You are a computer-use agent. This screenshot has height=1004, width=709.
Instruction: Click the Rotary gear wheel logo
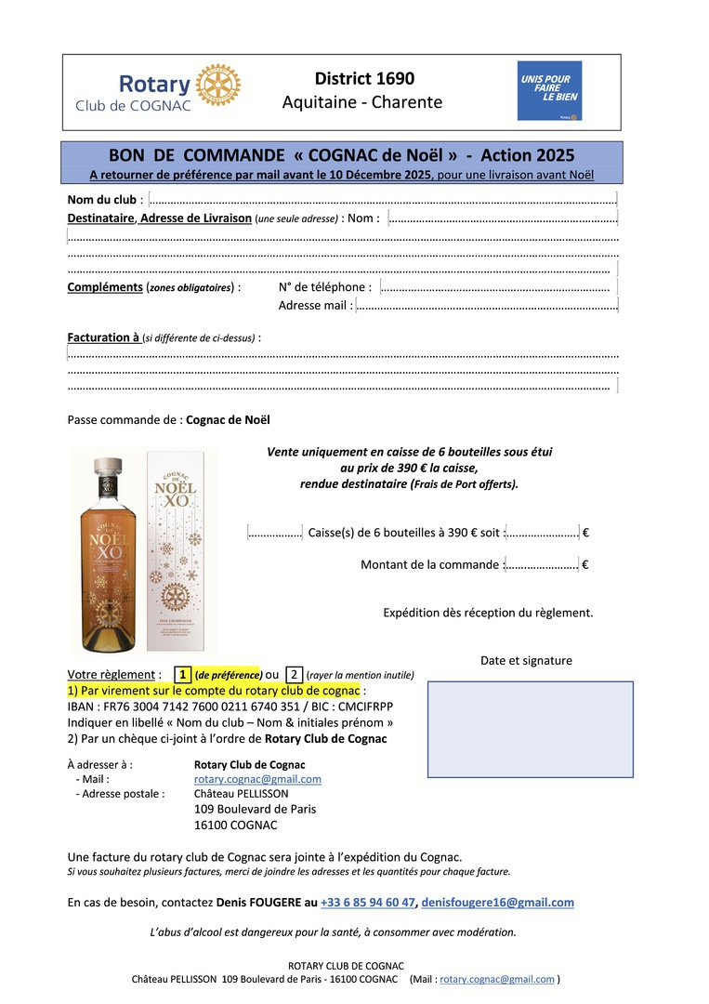click(218, 86)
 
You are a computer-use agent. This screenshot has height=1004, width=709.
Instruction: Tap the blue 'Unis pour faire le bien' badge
click(549, 90)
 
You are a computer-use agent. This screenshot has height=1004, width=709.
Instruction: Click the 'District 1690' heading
click(364, 79)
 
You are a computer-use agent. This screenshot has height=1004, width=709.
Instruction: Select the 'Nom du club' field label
click(102, 200)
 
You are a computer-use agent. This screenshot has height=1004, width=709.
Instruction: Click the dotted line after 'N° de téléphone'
click(495, 288)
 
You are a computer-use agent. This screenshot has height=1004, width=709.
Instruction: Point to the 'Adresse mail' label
click(315, 305)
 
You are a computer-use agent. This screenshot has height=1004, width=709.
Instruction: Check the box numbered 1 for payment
click(183, 675)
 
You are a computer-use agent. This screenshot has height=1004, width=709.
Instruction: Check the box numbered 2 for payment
click(293, 675)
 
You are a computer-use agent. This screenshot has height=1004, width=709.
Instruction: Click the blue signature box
click(530, 728)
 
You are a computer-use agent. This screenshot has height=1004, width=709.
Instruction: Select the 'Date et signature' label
click(526, 661)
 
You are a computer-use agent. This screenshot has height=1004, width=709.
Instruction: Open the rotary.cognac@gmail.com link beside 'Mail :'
click(257, 779)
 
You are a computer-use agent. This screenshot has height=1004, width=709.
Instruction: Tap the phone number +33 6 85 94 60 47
click(368, 902)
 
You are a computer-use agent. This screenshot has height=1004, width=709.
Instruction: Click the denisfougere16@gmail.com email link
click(497, 902)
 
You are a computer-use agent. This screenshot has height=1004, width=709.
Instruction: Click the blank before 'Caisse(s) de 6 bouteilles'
click(275, 533)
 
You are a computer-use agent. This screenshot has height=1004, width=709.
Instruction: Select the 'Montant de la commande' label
click(429, 564)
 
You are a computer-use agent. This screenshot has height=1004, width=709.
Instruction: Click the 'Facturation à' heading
click(103, 337)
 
